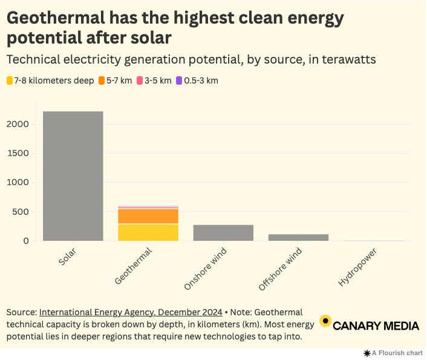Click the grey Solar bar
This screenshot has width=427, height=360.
coord(73,176)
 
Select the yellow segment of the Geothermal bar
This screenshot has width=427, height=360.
coord(148,232)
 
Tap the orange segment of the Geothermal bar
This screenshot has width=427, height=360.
coord(148,216)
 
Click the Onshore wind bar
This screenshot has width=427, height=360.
coord(223,233)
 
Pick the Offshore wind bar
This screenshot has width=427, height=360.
coord(298,237)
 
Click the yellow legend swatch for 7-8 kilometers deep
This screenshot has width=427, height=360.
coord(10,80)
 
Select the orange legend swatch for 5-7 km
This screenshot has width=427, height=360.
coord(102,80)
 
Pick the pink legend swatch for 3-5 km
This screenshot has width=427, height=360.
coord(140,80)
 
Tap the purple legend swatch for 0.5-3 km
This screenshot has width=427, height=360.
coord(178,80)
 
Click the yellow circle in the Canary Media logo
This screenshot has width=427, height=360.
coord(325,321)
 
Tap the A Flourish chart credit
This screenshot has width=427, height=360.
coord(394,353)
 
